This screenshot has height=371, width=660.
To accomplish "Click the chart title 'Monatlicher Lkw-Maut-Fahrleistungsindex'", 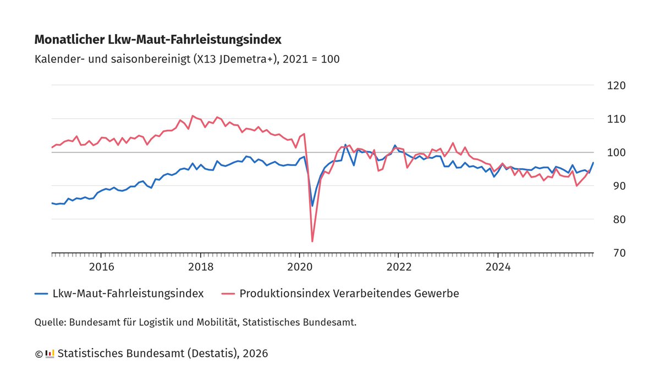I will point(158,40).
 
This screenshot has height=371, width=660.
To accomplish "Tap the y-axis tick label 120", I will point(616,86).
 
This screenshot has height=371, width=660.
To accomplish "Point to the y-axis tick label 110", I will point(616,119).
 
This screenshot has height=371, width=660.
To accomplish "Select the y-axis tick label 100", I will point(616,152).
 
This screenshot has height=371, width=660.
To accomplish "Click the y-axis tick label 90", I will point(616,186).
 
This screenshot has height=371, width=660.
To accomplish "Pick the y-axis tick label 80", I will point(616,219).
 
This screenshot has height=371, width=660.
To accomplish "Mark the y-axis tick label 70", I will point(616,253).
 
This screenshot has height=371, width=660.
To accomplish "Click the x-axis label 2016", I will point(101,267).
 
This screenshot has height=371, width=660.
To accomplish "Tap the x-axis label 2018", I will point(201,267).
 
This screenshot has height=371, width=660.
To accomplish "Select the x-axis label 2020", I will point(300,267).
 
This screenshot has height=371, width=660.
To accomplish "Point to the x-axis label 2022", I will point(399,267).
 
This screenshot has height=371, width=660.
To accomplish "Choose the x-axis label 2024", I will point(498,267).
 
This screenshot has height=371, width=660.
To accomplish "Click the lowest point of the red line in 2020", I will point(312,241).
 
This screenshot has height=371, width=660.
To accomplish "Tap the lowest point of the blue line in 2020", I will point(312,206).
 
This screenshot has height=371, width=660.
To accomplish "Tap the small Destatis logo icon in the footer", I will point(50,353).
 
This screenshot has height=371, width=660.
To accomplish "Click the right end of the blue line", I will point(593,163).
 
